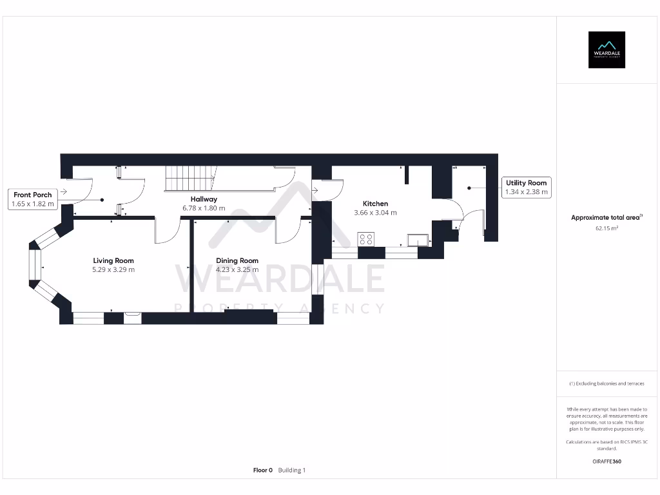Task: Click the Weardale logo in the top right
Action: point(607,50)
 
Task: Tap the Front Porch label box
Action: point(33,199)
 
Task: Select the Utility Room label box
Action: point(527,187)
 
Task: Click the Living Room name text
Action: point(113,261)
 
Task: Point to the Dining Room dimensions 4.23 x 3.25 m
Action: point(237,269)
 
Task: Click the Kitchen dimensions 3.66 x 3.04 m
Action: point(375,213)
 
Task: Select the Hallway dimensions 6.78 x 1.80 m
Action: point(204,208)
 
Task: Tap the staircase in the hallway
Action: point(191,177)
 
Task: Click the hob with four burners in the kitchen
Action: point(365,239)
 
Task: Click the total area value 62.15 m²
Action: point(606,228)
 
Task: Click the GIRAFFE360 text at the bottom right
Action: point(606,461)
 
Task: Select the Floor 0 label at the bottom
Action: point(263,471)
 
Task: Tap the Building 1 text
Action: point(292,471)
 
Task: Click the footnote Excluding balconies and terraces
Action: point(606,383)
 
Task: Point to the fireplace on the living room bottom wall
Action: point(132,315)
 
